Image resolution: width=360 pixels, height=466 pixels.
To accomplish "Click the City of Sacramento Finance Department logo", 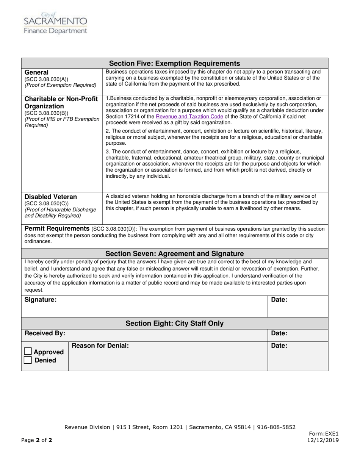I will (x=55, y=23).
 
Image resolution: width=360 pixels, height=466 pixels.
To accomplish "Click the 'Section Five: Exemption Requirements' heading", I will (x=174, y=63).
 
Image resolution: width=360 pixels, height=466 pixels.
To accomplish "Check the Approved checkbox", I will (x=28, y=352).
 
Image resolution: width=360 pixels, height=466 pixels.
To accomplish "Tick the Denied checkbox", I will (x=28, y=360).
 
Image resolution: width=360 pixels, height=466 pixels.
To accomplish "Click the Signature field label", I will (x=41, y=300).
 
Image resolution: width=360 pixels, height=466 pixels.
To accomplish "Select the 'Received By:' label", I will (x=45, y=333).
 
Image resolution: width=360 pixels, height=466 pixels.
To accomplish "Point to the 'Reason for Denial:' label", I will (x=100, y=346).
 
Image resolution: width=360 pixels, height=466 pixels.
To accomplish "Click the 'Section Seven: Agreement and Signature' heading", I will (x=174, y=253).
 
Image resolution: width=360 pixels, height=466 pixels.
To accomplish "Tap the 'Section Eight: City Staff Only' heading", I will (x=174, y=324).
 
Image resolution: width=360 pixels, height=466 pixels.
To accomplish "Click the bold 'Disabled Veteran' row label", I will (x=50, y=197).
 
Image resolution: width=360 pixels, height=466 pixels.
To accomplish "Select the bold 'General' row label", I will (x=36, y=72).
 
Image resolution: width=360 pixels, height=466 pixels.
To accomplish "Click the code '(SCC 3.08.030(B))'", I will (x=47, y=113).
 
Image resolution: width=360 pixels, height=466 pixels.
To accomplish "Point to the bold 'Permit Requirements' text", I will (x=57, y=228).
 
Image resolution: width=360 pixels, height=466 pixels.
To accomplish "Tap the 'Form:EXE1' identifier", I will (x=324, y=434).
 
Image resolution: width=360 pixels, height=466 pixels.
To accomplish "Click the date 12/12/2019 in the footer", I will (x=323, y=440).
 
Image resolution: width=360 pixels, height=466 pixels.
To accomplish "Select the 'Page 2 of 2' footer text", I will (x=37, y=440).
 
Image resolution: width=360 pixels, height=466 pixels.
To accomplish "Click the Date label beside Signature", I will (x=279, y=300).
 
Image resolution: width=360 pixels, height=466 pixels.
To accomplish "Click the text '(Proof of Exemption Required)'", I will (x=60, y=85).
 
